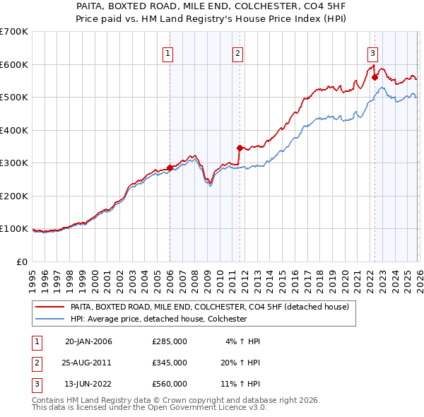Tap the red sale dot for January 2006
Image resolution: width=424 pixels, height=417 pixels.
click(x=170, y=168)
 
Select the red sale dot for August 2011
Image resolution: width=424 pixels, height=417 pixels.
click(x=240, y=148)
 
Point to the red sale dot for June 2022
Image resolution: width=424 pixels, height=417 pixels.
click(x=375, y=78)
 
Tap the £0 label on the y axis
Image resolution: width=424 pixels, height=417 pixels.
click(x=23, y=262)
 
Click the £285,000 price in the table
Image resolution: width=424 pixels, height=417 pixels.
click(x=170, y=341)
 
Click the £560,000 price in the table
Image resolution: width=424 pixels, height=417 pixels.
click(x=170, y=384)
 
